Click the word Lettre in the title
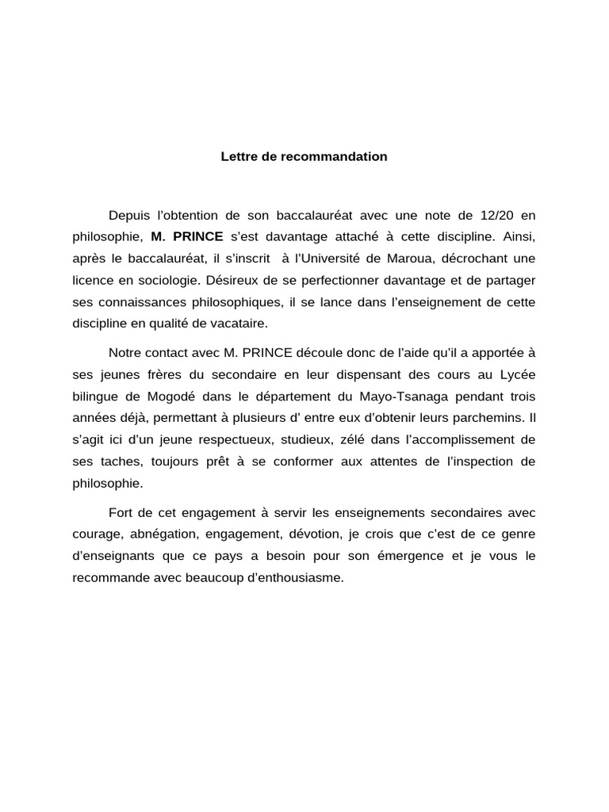click(237, 157)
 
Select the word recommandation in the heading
click(341, 157)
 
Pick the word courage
click(93, 534)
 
